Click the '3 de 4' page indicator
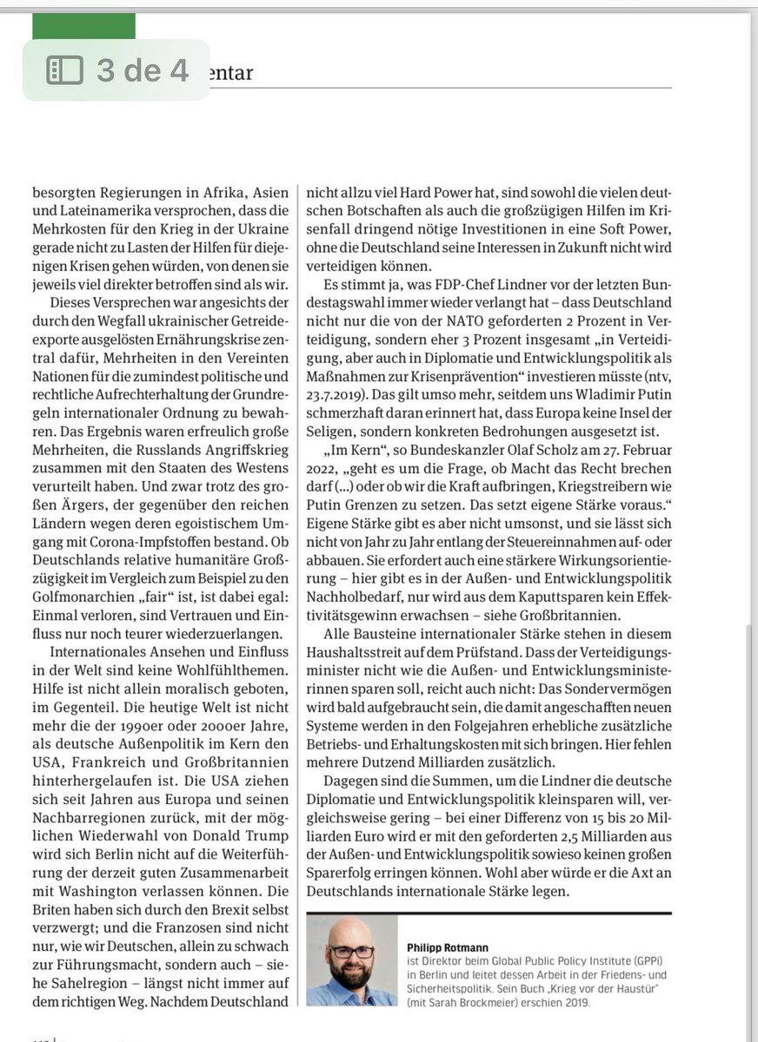pyautogui.click(x=142, y=70)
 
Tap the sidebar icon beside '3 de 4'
pyautogui.click(x=64, y=70)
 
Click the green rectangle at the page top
pyautogui.click(x=83, y=26)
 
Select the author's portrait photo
pyautogui.click(x=351, y=961)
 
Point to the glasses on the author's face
pyautogui.click(x=351, y=952)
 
